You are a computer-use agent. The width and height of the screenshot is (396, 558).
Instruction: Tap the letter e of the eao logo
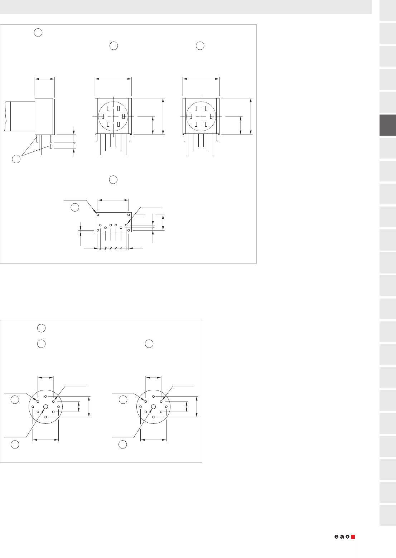pyautogui.click(x=337, y=537)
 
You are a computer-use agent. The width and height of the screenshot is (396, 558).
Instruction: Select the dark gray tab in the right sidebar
pyautogui.click(x=387, y=125)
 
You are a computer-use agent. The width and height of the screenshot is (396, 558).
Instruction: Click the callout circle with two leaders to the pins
pyautogui.click(x=16, y=159)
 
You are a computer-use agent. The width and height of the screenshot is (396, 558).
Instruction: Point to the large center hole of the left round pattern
pyautogui.click(x=45, y=407)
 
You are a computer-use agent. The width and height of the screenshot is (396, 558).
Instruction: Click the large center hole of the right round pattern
pyautogui.click(x=154, y=407)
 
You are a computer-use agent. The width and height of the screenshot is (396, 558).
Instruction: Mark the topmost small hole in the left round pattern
pyautogui.click(x=45, y=396)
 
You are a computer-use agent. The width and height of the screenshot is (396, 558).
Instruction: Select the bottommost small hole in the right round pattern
pyautogui.click(x=154, y=417)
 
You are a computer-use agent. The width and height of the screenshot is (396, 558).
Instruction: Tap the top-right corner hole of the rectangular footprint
pyautogui.click(x=129, y=215)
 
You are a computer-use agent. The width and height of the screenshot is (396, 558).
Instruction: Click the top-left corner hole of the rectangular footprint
pyautogui.click(x=98, y=215)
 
